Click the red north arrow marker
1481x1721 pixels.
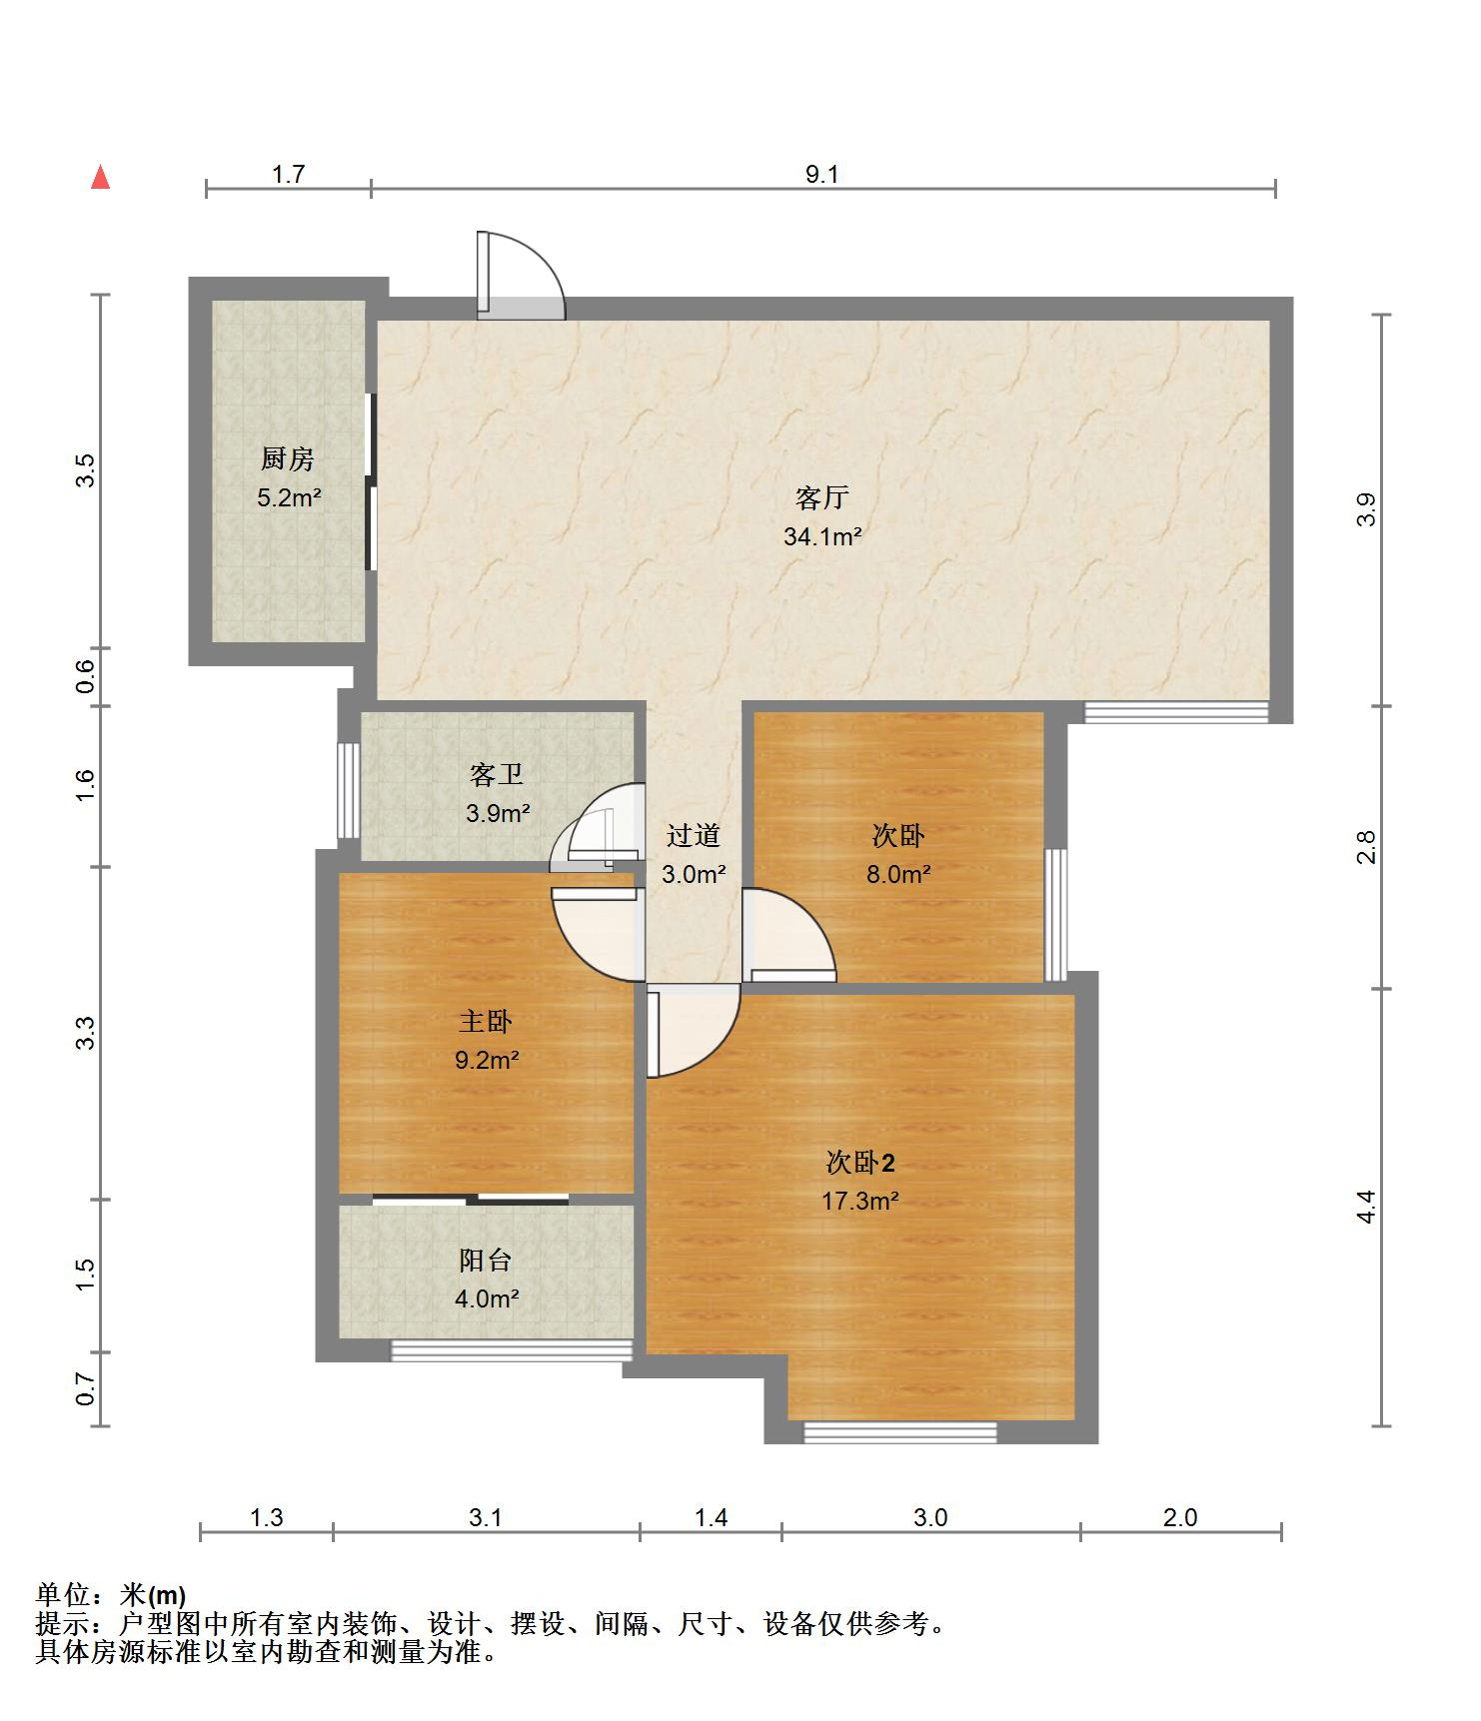100,177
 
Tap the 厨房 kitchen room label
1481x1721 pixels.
288,458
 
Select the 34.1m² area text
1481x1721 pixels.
822,536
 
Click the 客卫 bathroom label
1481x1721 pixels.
497,774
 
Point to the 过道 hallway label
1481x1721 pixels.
694,835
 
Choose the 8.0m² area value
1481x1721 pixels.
898,874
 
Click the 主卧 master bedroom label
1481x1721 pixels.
486,1021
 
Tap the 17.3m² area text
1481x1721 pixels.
860,1201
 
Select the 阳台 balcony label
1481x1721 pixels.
486,1260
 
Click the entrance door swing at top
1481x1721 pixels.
521,276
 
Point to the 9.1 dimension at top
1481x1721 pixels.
822,175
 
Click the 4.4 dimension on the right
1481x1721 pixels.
1366,1207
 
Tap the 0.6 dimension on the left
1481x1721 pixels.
86,677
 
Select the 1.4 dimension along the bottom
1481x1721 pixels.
711,1518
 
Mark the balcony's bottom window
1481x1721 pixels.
511,1350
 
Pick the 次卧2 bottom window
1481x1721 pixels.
900,1432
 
